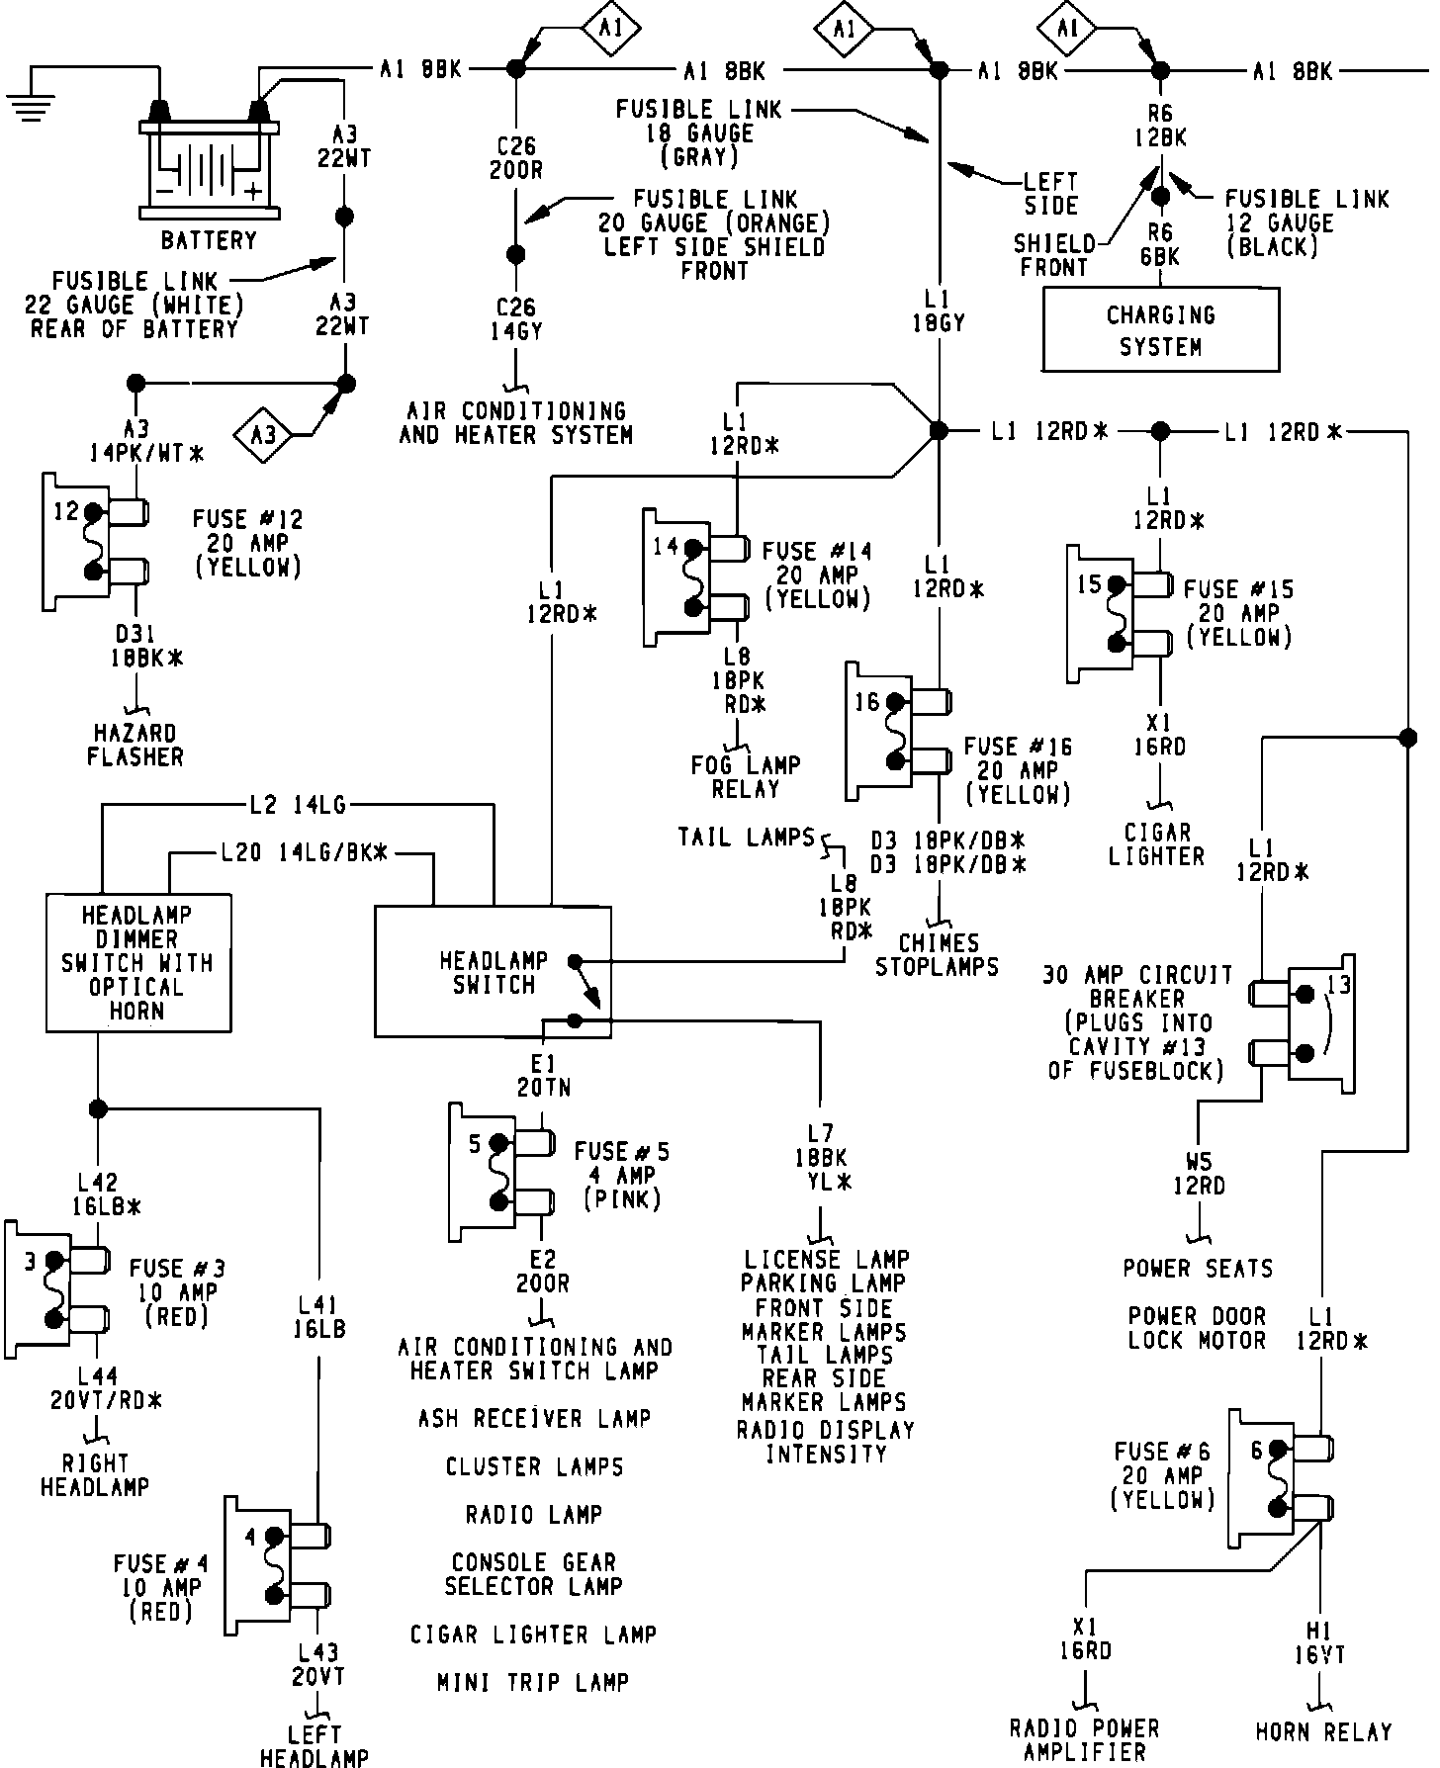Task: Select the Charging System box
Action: (x=1160, y=330)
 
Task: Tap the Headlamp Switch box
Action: (x=493, y=972)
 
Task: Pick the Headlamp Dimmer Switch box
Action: (x=138, y=963)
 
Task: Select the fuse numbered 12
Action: (x=95, y=542)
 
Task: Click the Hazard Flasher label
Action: (x=135, y=746)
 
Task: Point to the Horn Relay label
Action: (x=1323, y=1731)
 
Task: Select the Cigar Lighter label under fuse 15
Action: (x=1156, y=844)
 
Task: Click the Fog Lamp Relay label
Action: (x=745, y=777)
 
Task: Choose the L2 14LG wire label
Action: (x=297, y=806)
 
